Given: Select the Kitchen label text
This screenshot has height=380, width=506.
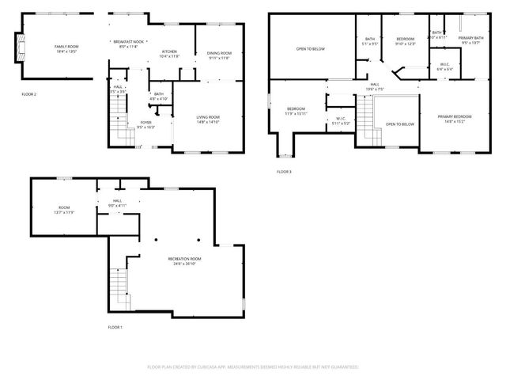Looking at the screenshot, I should pyautogui.click(x=169, y=54).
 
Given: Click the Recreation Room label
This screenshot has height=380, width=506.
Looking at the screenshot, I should pyautogui.click(x=184, y=260).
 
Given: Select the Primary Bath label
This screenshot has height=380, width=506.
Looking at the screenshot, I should pyautogui.click(x=470, y=41).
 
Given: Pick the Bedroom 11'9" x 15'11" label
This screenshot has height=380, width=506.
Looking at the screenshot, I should pyautogui.click(x=296, y=110).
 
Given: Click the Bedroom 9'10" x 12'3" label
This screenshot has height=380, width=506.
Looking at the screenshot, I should pyautogui.click(x=406, y=41).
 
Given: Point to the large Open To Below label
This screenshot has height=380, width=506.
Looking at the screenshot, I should pyautogui.click(x=311, y=49).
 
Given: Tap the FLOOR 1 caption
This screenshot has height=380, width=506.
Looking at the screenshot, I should pyautogui.click(x=115, y=327).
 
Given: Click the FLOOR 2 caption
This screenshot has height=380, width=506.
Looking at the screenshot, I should pyautogui.click(x=29, y=93).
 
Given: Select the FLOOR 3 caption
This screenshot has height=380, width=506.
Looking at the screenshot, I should pyautogui.click(x=284, y=172).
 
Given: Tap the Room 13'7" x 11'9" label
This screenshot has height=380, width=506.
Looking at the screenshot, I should pyautogui.click(x=63, y=211).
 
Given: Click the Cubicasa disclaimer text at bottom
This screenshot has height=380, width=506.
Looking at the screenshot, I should pyautogui.click(x=253, y=367).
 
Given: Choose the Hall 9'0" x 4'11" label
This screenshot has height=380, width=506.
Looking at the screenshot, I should pyautogui.click(x=118, y=203).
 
